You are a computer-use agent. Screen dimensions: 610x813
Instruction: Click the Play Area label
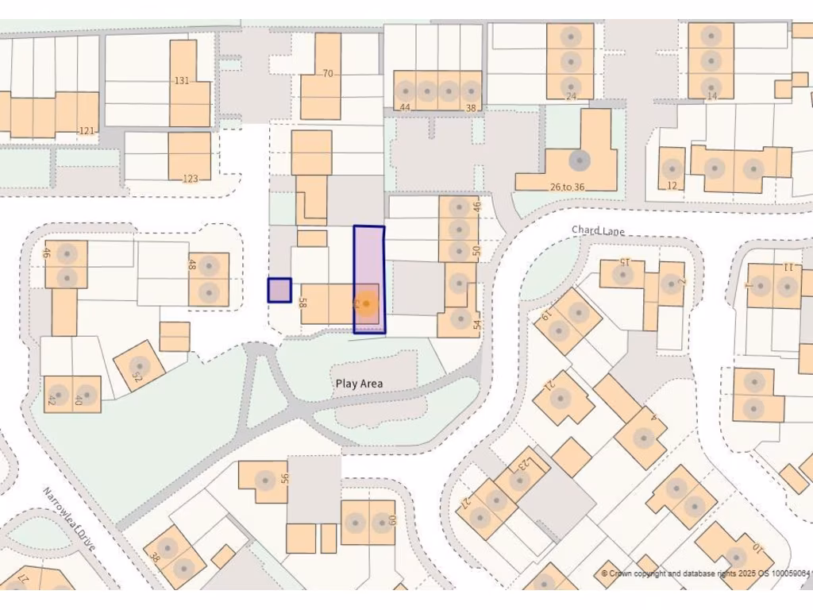(359, 384)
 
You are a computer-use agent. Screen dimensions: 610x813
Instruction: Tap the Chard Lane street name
(598, 230)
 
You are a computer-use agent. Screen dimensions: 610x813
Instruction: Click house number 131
(182, 80)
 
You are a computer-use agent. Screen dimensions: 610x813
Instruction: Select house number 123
(190, 179)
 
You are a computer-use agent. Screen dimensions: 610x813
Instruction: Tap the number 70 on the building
(327, 74)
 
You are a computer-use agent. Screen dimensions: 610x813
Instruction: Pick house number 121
(86, 130)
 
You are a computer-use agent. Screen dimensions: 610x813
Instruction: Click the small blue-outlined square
(279, 290)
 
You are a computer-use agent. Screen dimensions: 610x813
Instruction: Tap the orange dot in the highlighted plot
(366, 303)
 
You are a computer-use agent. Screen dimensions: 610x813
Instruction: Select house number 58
(302, 303)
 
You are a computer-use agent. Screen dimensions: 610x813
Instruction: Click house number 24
(570, 97)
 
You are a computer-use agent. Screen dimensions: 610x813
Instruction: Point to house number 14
(711, 96)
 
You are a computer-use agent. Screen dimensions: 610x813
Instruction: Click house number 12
(672, 186)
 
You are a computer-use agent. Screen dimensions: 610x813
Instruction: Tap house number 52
(137, 375)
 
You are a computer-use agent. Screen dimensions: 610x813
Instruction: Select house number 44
(405, 107)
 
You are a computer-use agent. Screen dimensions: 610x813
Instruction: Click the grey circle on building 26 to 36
(580, 160)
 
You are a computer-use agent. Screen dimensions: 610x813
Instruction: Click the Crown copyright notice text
(705, 573)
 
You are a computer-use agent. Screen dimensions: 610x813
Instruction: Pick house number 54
(476, 324)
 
